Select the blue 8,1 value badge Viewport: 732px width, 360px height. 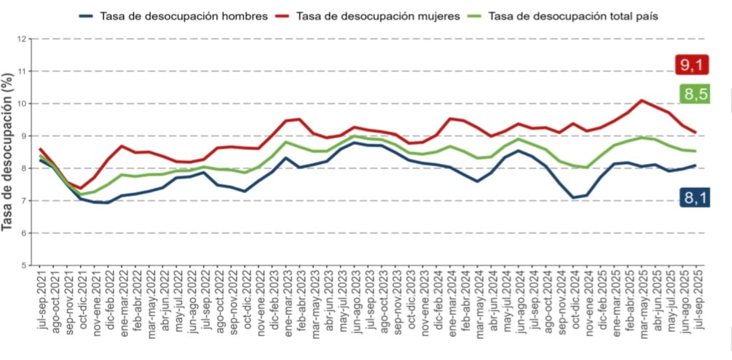pyautogui.click(x=695, y=197)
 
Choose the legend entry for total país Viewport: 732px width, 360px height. pyautogui.click(x=574, y=15)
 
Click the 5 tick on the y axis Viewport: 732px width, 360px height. pyautogui.click(x=25, y=265)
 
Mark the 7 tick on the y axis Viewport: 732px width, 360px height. pyautogui.click(x=25, y=200)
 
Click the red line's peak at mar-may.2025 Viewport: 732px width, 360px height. pyautogui.click(x=642, y=101)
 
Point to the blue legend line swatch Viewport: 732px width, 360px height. pyautogui.click(x=87, y=15)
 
